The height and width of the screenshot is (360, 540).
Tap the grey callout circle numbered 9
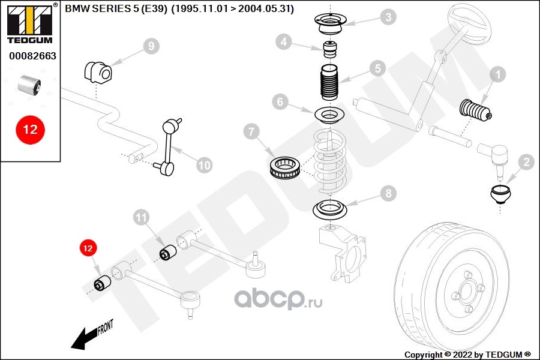tap(151, 46)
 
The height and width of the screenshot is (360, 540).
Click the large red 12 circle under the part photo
tap(30, 129)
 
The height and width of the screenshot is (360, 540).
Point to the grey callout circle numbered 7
tap(252, 131)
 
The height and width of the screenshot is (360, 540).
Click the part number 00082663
tap(32, 56)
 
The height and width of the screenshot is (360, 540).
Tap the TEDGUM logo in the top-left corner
tap(29, 22)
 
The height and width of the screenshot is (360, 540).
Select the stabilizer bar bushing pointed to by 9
tap(97, 71)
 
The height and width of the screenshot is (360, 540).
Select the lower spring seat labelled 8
tap(331, 210)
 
